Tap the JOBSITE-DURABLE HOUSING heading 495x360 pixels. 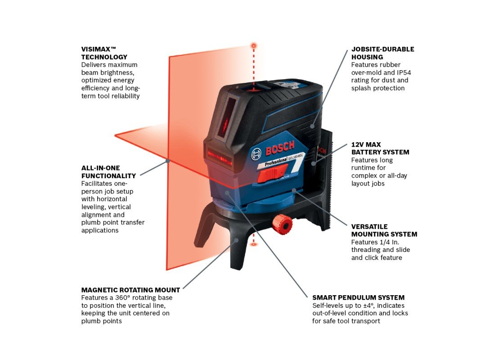pyautogui.click(x=382, y=53)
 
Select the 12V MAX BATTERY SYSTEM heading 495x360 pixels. pyautogui.click(x=380, y=148)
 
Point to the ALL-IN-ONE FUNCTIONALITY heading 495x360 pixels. pyautogui.click(x=108, y=172)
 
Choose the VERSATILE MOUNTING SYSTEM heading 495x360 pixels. pyautogui.click(x=384, y=230)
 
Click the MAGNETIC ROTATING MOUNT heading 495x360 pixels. pyautogui.click(x=130, y=290)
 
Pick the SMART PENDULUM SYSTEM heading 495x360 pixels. pyautogui.click(x=358, y=297)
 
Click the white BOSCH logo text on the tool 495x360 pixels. pyautogui.click(x=279, y=148)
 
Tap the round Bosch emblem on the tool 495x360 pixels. pyautogui.click(x=257, y=154)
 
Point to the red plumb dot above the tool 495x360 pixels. pyautogui.click(x=254, y=46)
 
